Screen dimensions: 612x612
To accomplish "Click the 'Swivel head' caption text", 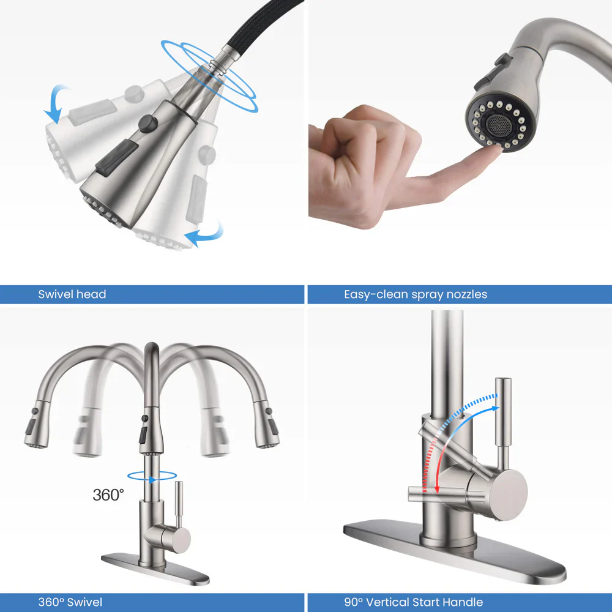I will point(72,294).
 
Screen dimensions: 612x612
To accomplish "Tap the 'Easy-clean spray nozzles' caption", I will point(416,294).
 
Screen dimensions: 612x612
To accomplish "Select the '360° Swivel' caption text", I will point(70,602).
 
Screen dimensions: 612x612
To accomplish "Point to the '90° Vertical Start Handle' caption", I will point(413,602).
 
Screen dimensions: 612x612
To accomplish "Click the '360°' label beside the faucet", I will point(108,494).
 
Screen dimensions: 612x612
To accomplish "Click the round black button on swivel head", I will point(146,124).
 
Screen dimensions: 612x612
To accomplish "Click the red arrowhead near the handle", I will point(438,488).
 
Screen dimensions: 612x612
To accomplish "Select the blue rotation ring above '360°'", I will point(152,476).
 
